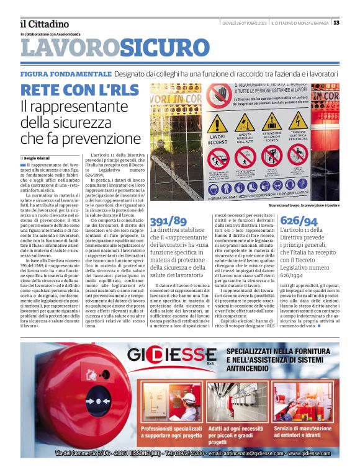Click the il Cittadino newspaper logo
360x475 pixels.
[x=43, y=24]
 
